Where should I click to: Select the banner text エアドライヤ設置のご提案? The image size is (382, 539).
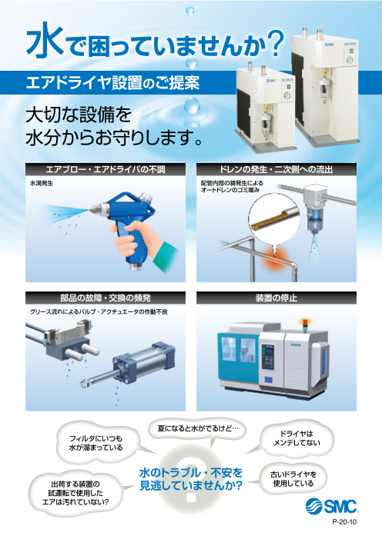112,82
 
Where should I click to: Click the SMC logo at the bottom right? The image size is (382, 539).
330,506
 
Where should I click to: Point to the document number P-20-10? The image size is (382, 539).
344,522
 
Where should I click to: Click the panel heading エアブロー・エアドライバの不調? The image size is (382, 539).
106,169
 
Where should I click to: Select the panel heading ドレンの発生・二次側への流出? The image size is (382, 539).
276,169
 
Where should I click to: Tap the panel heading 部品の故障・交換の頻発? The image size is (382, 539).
106,298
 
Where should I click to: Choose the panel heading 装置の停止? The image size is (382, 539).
276,298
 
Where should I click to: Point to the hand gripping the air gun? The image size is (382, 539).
134,240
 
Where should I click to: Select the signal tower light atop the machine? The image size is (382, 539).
304,325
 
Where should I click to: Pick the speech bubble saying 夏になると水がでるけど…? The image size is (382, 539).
197,428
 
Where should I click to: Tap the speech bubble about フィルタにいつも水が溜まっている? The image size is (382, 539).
95,443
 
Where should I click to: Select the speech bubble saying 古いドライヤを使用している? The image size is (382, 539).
293,479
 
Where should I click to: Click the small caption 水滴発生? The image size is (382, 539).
42,184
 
